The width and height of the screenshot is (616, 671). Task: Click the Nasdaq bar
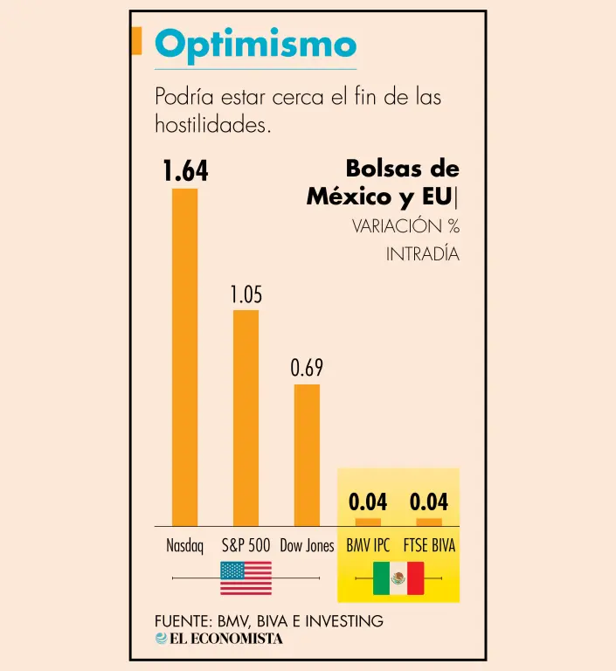pos(184,356)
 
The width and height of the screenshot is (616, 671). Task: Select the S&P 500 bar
pos(246,418)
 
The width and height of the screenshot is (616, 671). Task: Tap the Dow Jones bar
pos(307,454)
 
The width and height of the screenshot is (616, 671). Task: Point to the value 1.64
pos(185,172)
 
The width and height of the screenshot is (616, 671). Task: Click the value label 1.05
pos(246,295)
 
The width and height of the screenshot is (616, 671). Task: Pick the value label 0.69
pos(307,369)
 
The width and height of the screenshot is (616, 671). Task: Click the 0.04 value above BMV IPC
pos(368,502)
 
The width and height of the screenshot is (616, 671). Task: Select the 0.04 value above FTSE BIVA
pos(429,502)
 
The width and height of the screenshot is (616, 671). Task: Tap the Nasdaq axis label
pos(184,546)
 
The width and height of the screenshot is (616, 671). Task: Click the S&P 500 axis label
pos(246,546)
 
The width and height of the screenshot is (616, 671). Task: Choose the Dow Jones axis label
pos(307,546)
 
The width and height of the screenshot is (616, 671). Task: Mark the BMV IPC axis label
pos(368,546)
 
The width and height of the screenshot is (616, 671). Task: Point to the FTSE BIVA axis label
pos(430,546)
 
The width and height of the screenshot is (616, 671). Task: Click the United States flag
pos(246,578)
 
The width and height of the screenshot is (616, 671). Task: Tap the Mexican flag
pos(398,578)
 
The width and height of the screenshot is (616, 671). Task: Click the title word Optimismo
pos(255,45)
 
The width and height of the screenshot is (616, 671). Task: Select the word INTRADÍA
pos(422,255)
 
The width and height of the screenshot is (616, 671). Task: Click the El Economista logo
pos(219,639)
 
